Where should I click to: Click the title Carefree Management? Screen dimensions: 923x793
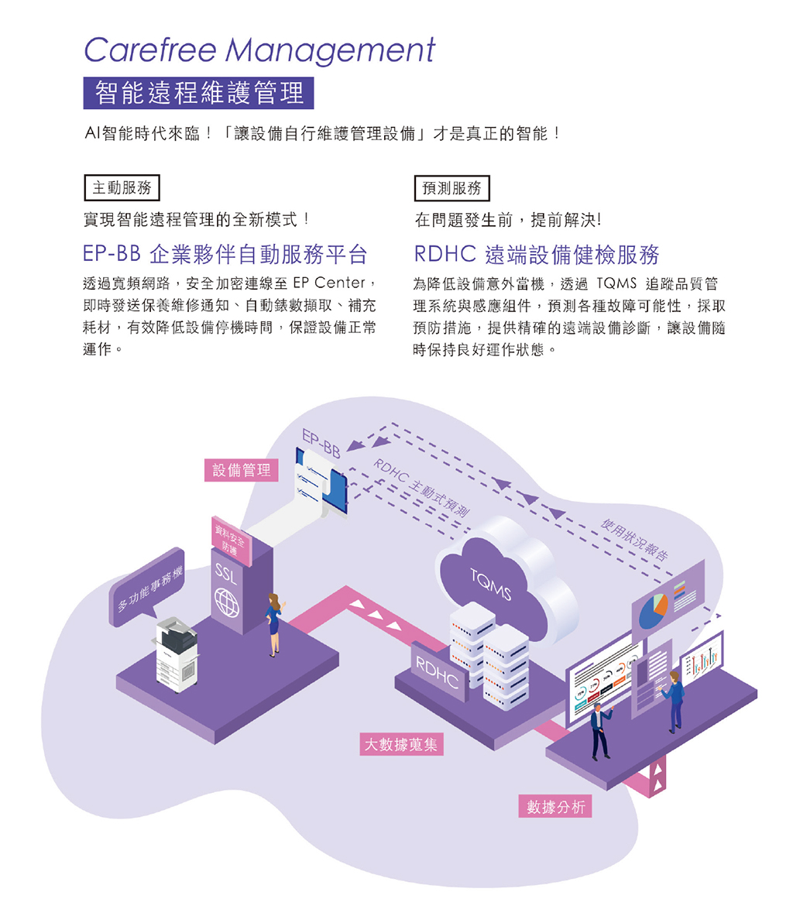259,51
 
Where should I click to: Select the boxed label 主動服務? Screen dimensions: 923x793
122,187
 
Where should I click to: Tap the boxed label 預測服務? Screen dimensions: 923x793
452,187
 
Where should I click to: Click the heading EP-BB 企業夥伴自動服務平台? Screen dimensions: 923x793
225,254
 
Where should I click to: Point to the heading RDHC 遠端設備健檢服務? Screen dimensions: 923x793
537,254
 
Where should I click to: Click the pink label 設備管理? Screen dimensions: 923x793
242,469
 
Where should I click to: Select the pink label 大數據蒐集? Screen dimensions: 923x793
401,745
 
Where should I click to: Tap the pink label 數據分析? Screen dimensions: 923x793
555,807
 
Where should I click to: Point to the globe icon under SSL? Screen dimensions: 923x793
227,602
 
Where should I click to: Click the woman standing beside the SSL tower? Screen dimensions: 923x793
273,623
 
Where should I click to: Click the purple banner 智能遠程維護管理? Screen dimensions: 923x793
199,93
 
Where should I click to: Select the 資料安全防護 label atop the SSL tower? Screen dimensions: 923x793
230,540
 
